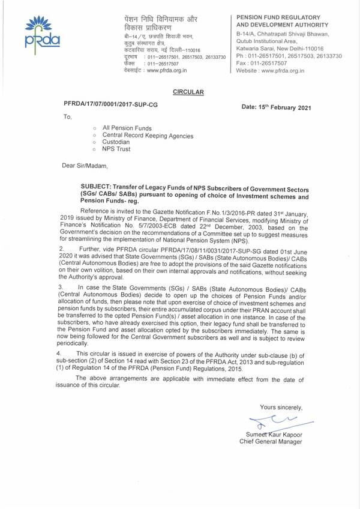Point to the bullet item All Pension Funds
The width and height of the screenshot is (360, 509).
[x=128, y=128]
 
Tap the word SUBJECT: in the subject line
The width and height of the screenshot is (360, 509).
[x=98, y=189]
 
